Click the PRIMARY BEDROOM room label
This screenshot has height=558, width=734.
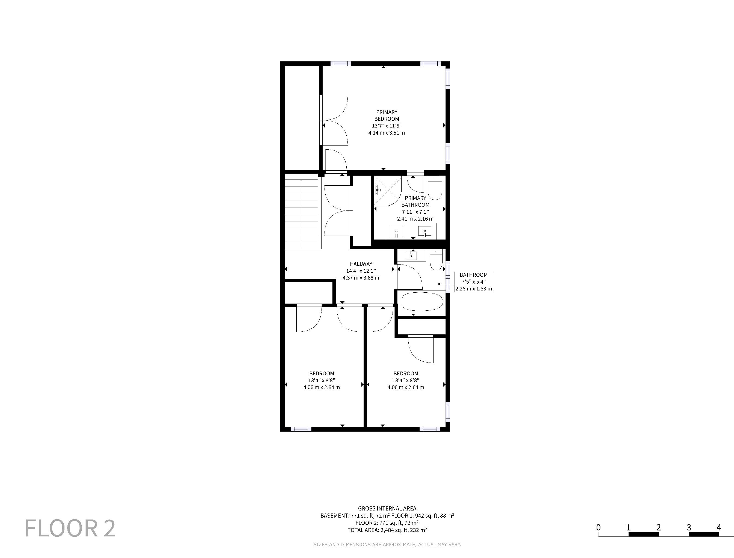(387, 115)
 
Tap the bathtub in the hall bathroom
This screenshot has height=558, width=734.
(422, 301)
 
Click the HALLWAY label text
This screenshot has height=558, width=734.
(361, 264)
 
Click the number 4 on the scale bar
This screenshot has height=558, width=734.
(719, 527)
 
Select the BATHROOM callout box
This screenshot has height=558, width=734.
(473, 282)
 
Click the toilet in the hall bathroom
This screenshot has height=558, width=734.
(436, 260)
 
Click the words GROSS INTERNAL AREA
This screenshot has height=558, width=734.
(387, 509)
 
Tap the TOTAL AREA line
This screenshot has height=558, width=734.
(387, 530)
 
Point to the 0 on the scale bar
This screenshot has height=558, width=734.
(599, 527)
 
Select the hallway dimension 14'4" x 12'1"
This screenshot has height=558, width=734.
(361, 271)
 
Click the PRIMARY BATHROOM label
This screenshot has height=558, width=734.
(415, 201)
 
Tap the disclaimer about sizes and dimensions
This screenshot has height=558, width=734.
(387, 544)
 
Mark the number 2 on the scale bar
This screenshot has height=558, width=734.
(659, 527)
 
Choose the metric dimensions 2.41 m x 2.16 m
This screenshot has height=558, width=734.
(415, 219)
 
